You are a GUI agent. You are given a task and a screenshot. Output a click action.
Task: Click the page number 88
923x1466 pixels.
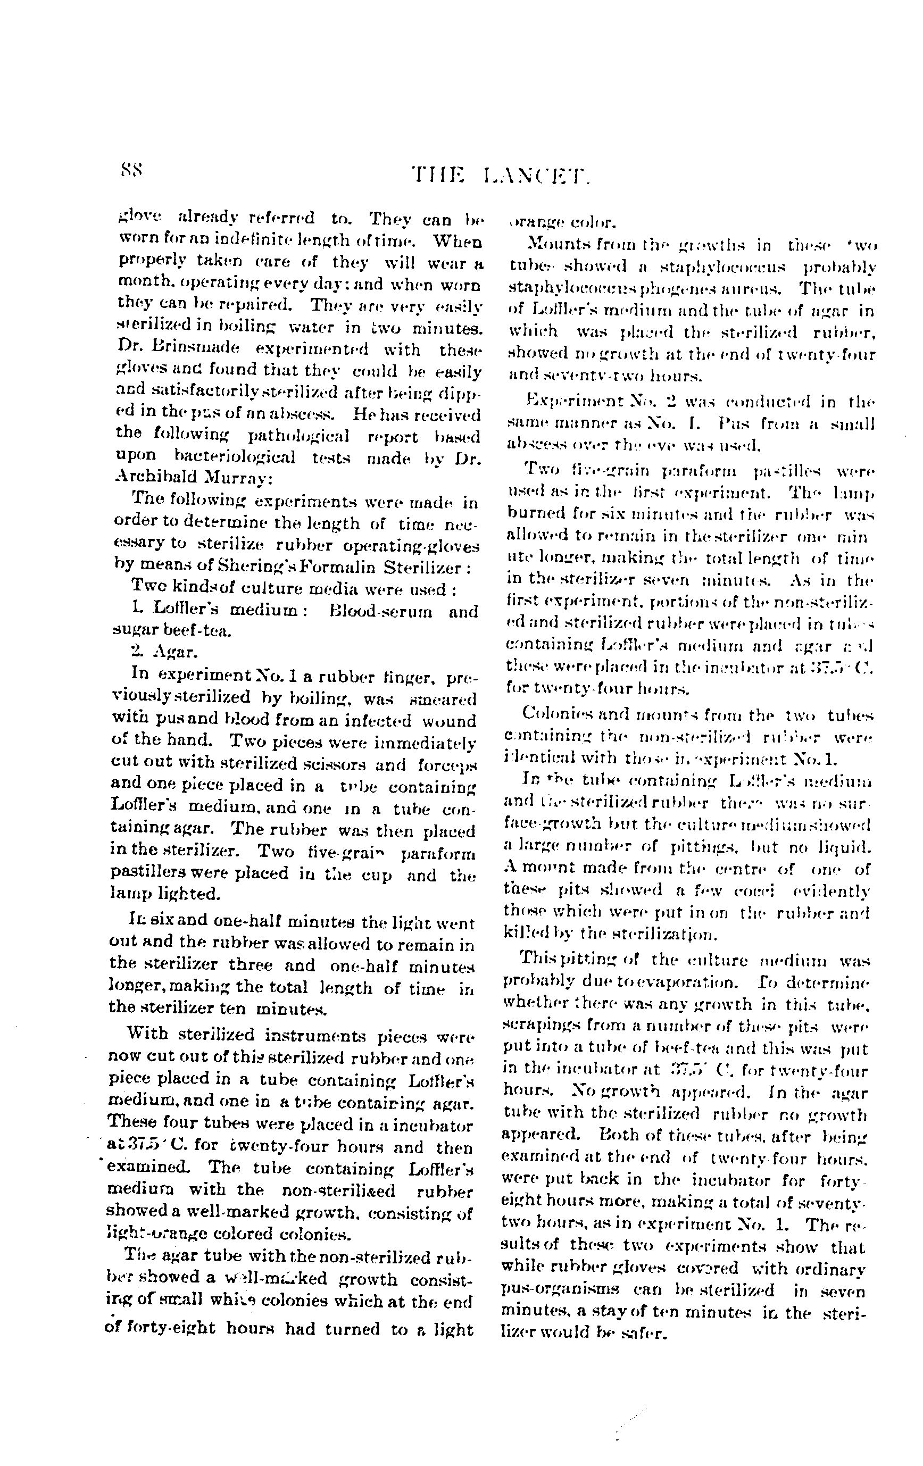[x=131, y=169]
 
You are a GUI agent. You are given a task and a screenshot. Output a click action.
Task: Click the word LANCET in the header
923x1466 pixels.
[x=536, y=178]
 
